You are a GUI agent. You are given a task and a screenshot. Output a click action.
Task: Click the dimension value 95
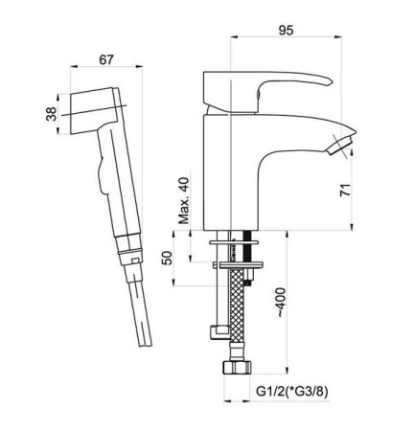pos(286,31)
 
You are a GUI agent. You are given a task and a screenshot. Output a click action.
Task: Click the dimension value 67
pos(106,59)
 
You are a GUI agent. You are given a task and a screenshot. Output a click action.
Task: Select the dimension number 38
pos(51,114)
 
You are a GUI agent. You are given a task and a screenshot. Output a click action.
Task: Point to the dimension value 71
pos(345,190)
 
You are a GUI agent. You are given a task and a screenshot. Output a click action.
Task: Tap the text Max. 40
pos(184,200)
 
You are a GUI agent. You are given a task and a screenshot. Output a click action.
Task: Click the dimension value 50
pos(167,258)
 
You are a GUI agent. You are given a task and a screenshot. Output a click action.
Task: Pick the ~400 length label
pos(281,302)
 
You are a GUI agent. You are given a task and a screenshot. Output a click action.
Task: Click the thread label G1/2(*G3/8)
pos(292,392)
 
